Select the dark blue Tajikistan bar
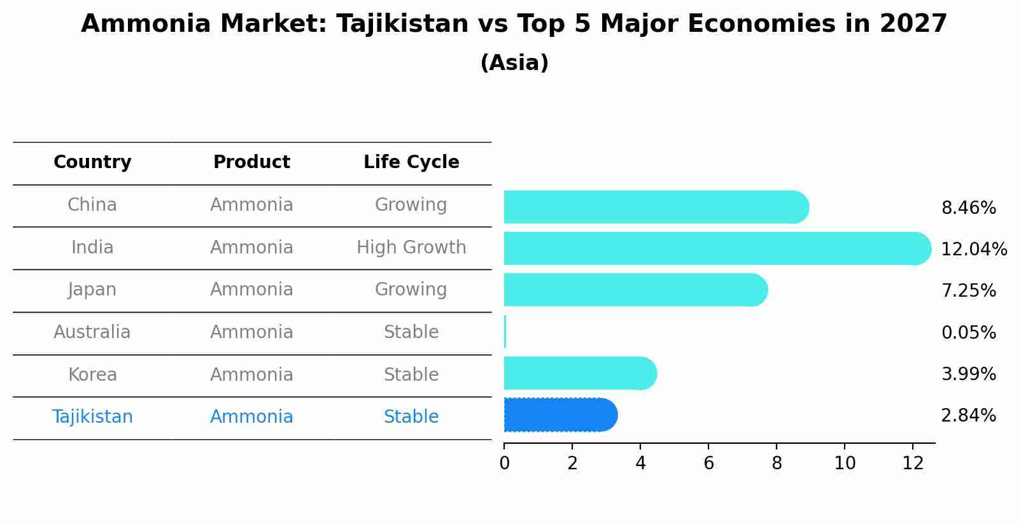click(560, 415)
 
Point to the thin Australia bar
click(505, 332)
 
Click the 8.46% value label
click(968, 208)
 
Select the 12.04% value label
click(973, 250)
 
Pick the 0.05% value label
click(968, 332)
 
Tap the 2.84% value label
click(968, 416)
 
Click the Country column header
click(92, 162)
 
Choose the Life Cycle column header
click(411, 162)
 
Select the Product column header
click(251, 162)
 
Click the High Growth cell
click(411, 247)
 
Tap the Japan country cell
click(92, 290)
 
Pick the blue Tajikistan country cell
click(92, 417)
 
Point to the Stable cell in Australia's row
click(411, 332)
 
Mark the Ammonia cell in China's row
click(251, 205)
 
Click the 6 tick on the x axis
click(708, 464)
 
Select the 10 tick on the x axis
click(845, 464)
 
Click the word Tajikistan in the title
click(402, 24)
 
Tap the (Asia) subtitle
click(514, 63)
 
